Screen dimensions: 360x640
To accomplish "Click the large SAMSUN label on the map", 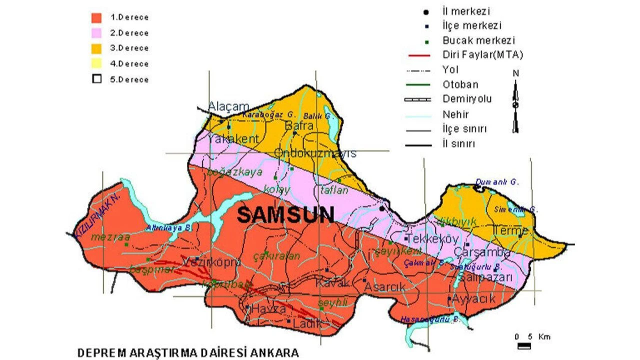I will [x=285, y=215].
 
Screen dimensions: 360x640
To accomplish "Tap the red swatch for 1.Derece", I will [x=96, y=17].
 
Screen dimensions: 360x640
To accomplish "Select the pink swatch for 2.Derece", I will [x=96, y=33].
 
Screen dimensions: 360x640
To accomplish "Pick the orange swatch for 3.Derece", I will [x=96, y=48].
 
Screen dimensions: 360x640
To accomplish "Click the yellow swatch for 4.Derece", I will [x=96, y=63].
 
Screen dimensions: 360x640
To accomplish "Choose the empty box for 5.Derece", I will [x=96, y=79].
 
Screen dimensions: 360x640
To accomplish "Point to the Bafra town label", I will [x=298, y=126].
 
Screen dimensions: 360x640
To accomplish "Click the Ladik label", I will [x=308, y=323].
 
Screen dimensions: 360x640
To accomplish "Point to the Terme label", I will [x=510, y=230].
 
